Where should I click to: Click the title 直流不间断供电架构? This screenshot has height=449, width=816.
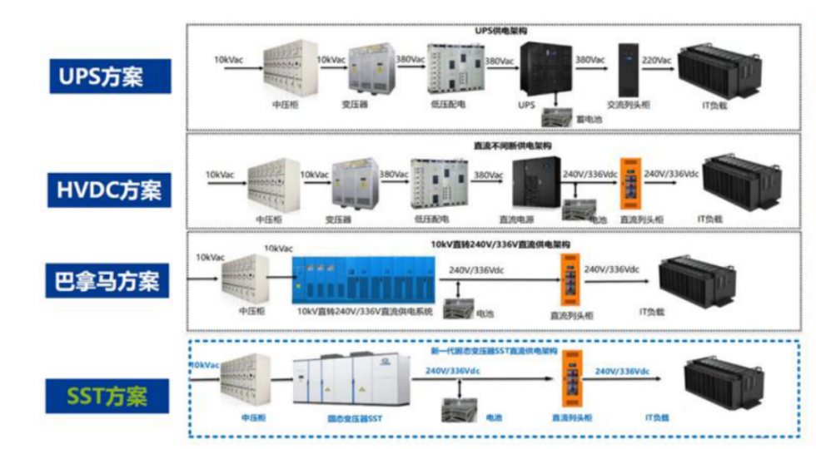512,146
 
